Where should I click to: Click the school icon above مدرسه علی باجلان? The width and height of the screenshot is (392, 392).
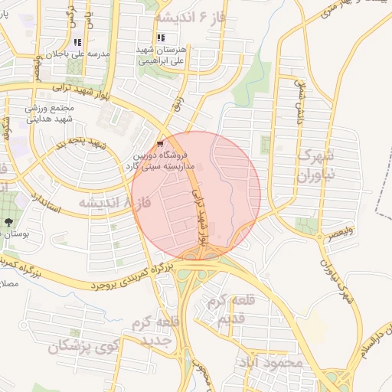[x=77, y=42]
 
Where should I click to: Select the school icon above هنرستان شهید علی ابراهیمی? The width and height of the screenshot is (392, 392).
[x=160, y=38]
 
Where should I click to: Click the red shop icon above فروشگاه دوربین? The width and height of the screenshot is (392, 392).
[x=159, y=143]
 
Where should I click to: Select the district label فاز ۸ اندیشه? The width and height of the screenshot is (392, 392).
[x=114, y=202]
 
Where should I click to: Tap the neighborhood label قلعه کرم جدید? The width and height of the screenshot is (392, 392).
[x=158, y=329]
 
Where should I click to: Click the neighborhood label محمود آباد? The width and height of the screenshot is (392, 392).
[x=270, y=361]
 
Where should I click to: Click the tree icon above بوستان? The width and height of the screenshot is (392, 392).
[x=8, y=222]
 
